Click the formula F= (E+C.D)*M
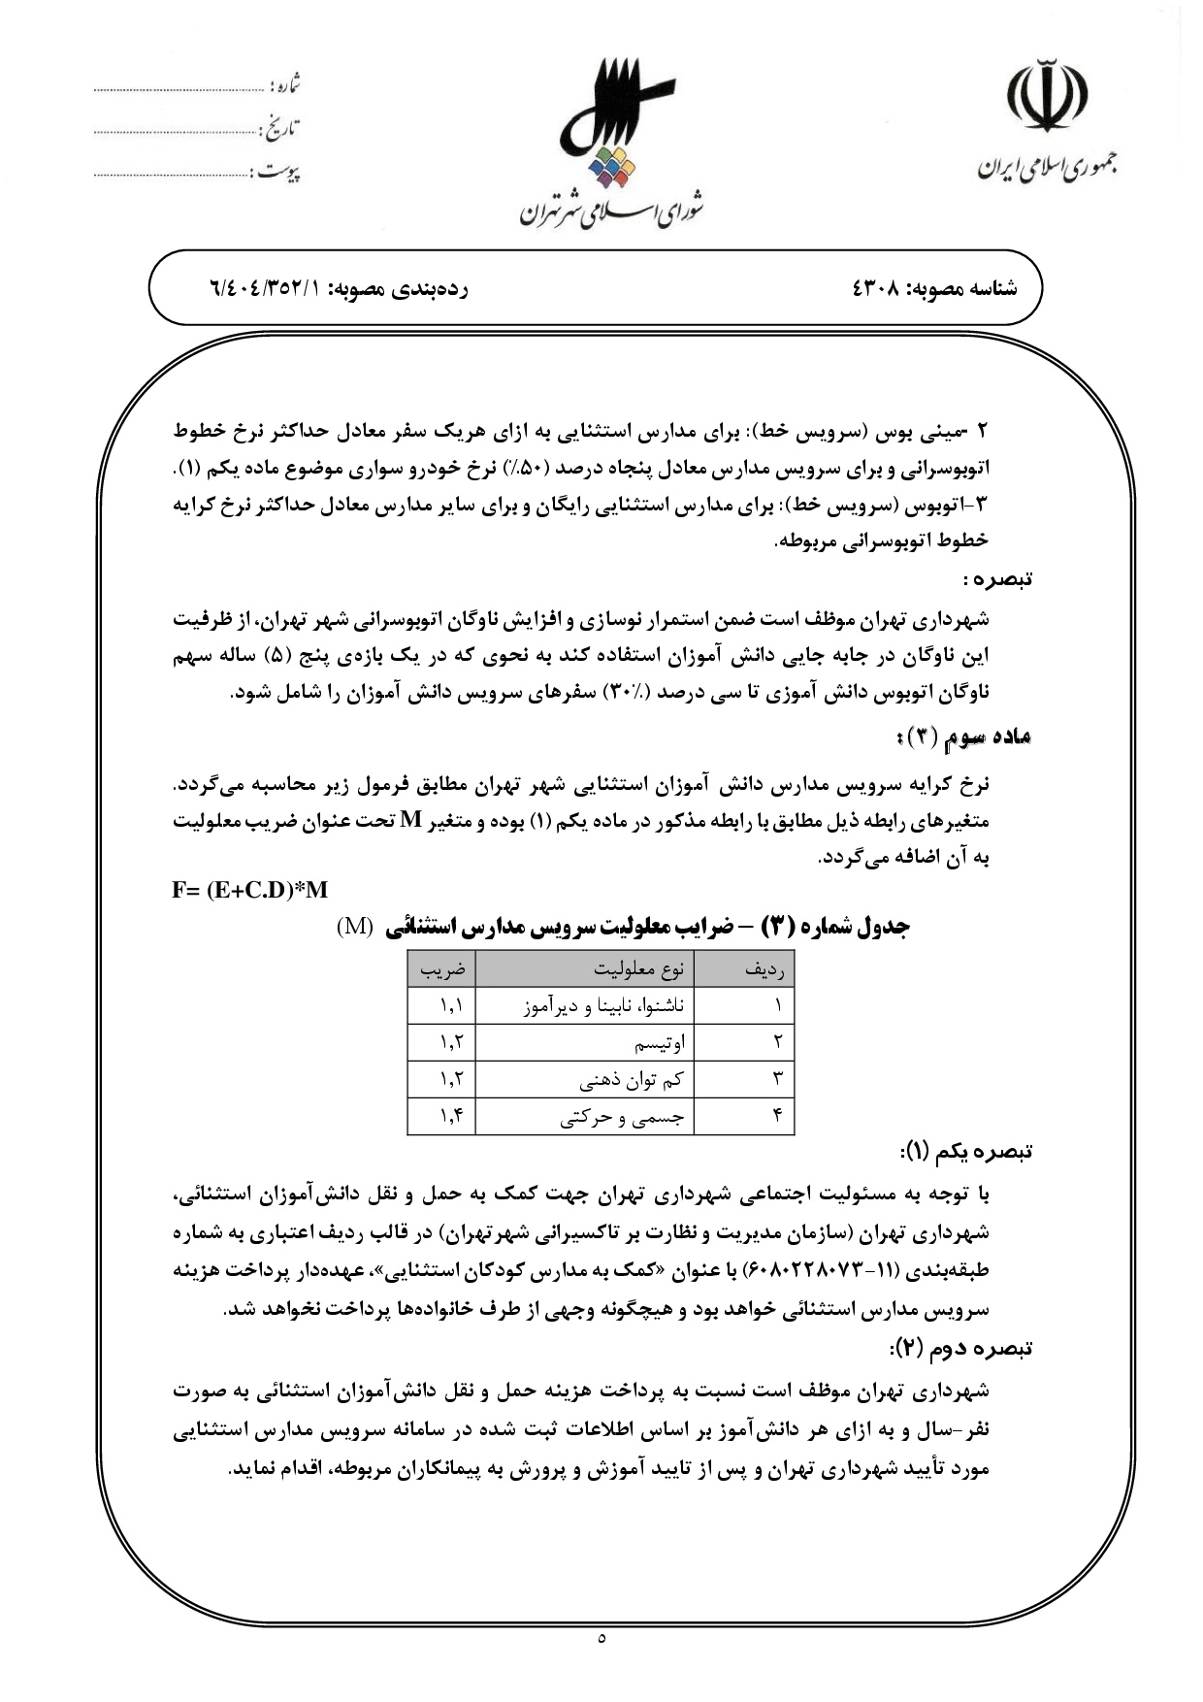[249, 890]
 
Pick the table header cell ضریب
[441, 968]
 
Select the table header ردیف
[767, 968]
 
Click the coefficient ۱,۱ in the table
[451, 1005]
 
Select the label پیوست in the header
[278, 173]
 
